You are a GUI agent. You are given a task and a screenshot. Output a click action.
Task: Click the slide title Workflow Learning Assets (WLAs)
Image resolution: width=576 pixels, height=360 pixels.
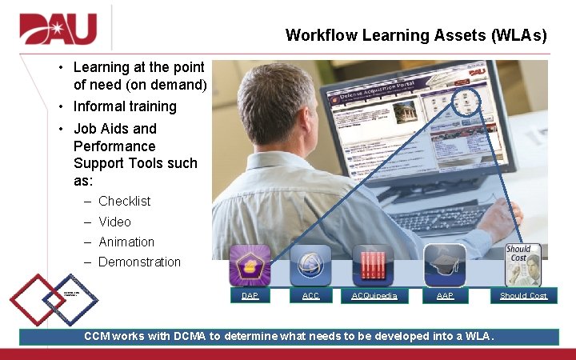[416, 35]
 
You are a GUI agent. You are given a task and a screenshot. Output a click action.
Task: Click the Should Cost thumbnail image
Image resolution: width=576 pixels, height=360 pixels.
[522, 265]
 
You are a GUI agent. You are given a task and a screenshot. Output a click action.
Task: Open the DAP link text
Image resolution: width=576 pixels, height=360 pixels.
[250, 296]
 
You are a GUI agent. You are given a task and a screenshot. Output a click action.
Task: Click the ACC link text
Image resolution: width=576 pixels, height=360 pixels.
[310, 296]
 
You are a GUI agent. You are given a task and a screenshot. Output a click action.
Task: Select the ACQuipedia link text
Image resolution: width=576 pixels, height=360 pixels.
[374, 296]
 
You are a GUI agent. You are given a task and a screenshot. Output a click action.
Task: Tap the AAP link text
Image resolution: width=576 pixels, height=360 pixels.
[445, 296]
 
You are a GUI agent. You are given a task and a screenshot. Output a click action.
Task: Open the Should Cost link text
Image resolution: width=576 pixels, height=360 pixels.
[523, 296]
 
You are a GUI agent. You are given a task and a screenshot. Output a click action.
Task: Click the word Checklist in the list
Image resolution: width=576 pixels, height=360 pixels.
[124, 201]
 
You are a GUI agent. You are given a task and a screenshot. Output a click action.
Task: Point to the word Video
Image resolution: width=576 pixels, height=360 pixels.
[114, 222]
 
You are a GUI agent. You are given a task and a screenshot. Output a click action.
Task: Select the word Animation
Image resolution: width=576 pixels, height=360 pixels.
[126, 242]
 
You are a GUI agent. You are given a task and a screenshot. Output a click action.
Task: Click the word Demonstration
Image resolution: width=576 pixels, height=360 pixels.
[139, 262]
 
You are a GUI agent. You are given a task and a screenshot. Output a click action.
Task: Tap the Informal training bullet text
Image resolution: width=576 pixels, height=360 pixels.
[125, 106]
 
